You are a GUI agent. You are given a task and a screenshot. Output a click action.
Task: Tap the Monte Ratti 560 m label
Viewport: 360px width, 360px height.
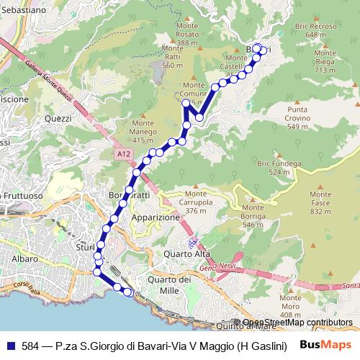172,57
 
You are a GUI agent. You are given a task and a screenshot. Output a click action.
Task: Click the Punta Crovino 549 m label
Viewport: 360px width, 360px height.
298,117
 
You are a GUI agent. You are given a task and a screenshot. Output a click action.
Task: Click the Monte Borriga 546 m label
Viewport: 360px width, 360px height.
253,216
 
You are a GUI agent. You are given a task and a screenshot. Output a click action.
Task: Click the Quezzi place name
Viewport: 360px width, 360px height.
58,118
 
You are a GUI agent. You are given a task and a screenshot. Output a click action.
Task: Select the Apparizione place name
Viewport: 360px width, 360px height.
155,217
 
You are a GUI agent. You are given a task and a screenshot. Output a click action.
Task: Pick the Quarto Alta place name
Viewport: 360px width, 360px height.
187,253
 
